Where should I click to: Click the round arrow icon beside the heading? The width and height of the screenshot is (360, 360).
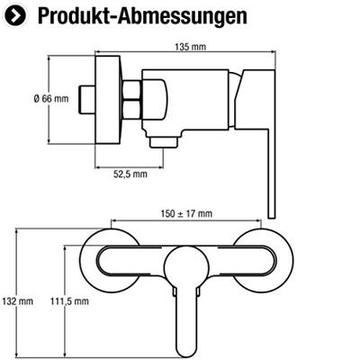click(15, 15)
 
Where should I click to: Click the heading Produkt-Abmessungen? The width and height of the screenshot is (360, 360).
click(142, 15)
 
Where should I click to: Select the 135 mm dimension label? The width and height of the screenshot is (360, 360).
click(190, 47)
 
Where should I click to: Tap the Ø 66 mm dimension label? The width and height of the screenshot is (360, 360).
click(51, 98)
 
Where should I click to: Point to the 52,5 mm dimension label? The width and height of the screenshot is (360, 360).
click(130, 174)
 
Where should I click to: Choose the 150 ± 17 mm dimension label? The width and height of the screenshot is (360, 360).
click(186, 213)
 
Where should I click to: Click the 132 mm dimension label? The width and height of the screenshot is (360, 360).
click(18, 301)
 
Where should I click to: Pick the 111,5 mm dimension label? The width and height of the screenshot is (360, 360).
click(69, 301)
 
